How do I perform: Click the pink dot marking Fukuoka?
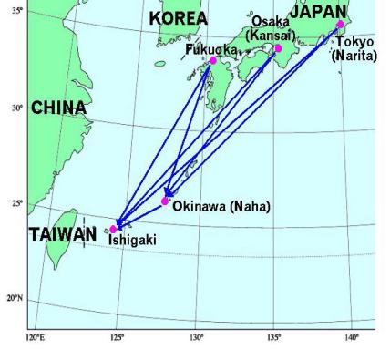213,60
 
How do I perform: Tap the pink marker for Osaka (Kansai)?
279,48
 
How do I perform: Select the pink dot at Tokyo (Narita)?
340,25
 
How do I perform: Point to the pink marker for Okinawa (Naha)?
165,201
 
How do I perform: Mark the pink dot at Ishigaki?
113,229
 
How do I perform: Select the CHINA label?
58,108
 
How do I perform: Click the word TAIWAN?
62,234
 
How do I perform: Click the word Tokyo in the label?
354,42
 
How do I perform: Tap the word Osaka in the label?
271,21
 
